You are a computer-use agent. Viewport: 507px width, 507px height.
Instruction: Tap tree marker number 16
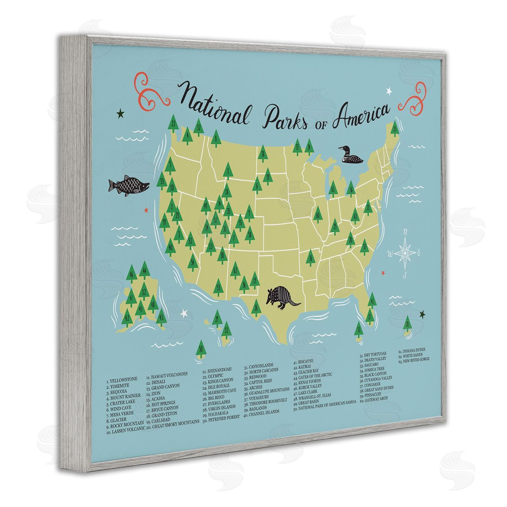click(311, 256)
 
